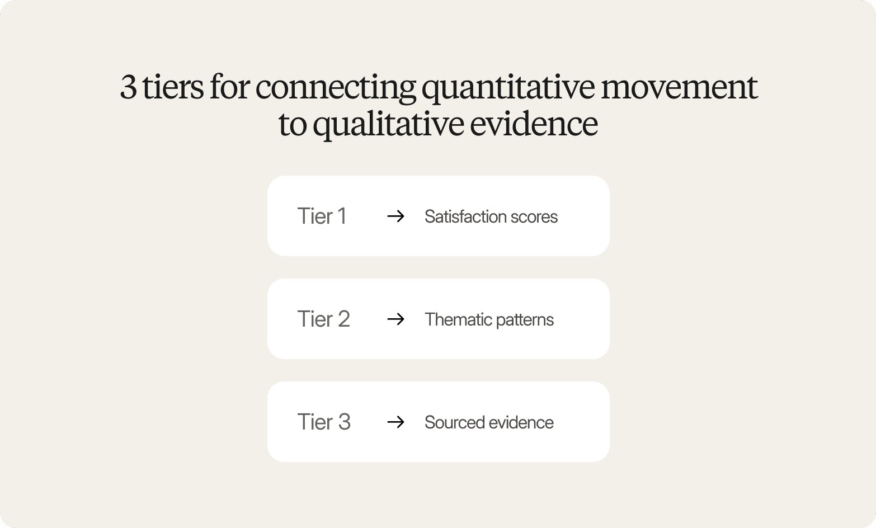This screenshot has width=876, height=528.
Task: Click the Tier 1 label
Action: (322, 216)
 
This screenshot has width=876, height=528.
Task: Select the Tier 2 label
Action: (323, 319)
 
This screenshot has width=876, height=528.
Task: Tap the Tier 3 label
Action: (323, 422)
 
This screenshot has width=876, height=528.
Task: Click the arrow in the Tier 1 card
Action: (395, 216)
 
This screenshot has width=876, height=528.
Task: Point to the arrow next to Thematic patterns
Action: (395, 319)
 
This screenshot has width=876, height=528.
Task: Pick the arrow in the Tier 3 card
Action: (395, 422)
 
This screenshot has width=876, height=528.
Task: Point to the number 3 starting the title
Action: (129, 88)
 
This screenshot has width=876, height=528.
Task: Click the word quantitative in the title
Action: (508, 88)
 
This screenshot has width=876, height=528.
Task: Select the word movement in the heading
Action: (679, 88)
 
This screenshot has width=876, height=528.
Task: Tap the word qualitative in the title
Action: (388, 124)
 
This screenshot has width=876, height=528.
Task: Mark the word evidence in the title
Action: (534, 124)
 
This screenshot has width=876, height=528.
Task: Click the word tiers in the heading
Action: (173, 88)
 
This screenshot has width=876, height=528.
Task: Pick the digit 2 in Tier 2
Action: (343, 319)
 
